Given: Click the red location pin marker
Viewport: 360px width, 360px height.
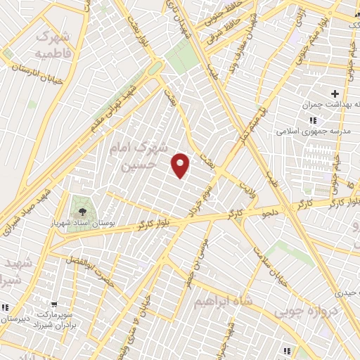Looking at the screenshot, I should [x=181, y=165].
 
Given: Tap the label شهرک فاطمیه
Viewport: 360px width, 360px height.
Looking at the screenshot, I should [x=53, y=44].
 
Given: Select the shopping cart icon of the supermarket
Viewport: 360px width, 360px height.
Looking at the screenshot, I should [x=6, y=307].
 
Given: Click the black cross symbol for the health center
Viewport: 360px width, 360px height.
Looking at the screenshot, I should [x=335, y=94].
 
